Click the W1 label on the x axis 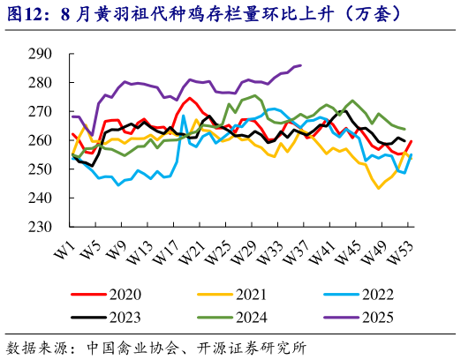click(64, 250)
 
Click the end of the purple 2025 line click(301, 65)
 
